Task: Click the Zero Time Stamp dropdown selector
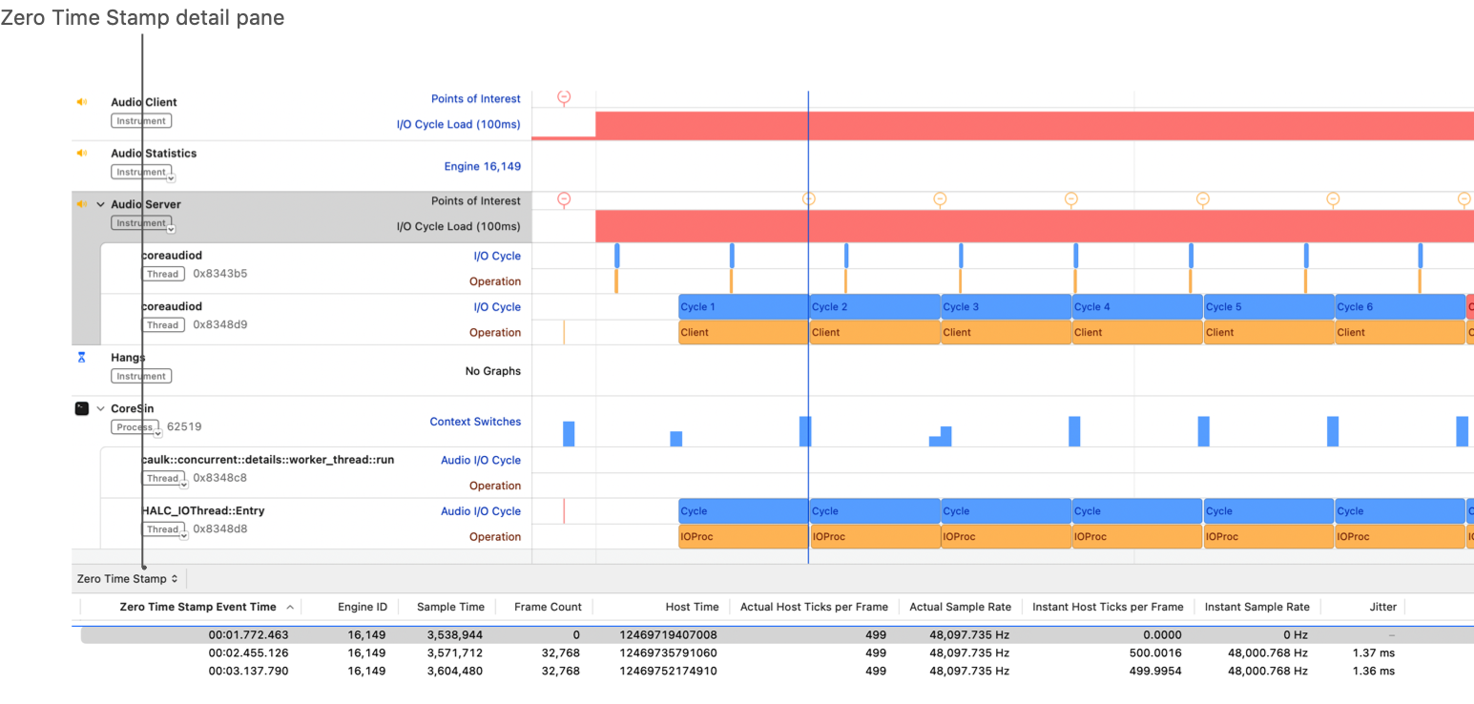(128, 579)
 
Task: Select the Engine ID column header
(363, 607)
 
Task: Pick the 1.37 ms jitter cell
(1373, 653)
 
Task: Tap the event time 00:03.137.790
(248, 671)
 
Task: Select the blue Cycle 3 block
(1006, 307)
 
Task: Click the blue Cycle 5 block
(1268, 307)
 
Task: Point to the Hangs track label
(128, 358)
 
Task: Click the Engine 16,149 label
(483, 167)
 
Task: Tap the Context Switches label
(475, 422)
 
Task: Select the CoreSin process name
(133, 409)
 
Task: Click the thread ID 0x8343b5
(220, 274)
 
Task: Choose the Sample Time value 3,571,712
(452, 653)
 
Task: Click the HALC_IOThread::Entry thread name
(203, 511)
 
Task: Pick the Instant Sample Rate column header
(1256, 607)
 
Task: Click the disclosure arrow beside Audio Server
(100, 204)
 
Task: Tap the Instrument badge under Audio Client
(141, 121)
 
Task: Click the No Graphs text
(492, 371)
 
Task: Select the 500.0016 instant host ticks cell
(1154, 653)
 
